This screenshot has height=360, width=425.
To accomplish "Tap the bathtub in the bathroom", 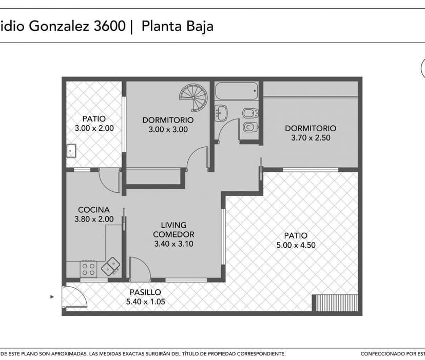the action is click(x=236, y=91).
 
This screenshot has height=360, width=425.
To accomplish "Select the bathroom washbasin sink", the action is click(x=221, y=113).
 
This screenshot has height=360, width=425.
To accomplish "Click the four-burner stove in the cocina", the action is click(x=89, y=269).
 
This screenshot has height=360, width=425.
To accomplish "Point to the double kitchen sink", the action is click(x=111, y=266).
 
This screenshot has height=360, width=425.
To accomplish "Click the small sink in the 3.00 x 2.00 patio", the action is click(x=71, y=151).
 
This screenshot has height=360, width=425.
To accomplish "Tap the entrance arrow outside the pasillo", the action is click(x=52, y=297).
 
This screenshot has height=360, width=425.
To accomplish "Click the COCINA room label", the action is click(x=94, y=210).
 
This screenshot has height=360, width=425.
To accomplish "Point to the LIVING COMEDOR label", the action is click(x=173, y=230).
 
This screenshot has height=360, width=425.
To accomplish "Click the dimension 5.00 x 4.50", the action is click(x=296, y=245).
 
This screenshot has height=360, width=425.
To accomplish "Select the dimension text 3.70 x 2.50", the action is click(x=311, y=137).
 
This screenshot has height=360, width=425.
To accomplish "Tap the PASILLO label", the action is click(x=145, y=292).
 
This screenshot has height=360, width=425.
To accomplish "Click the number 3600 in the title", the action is click(x=109, y=26).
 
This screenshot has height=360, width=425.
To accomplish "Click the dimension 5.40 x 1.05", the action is click(x=146, y=302).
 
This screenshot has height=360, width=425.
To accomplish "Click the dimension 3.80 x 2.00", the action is click(x=94, y=219).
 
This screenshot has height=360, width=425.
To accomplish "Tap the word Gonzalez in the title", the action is click(x=59, y=26).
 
